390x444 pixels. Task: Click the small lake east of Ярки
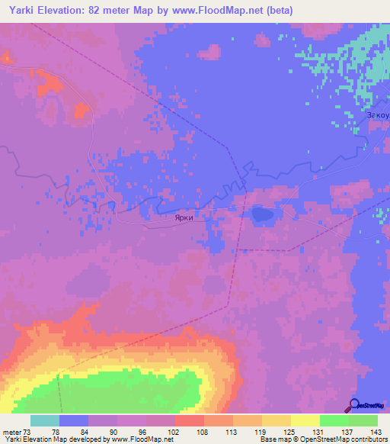(x=263, y=215)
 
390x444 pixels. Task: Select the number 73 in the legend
(x=29, y=431)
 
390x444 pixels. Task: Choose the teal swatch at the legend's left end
(x=45, y=420)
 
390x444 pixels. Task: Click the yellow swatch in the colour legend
(x=305, y=420)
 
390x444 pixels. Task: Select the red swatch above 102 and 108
(x=189, y=420)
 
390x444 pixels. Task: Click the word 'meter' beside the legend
(x=11, y=431)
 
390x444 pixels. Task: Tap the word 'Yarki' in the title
(x=25, y=10)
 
